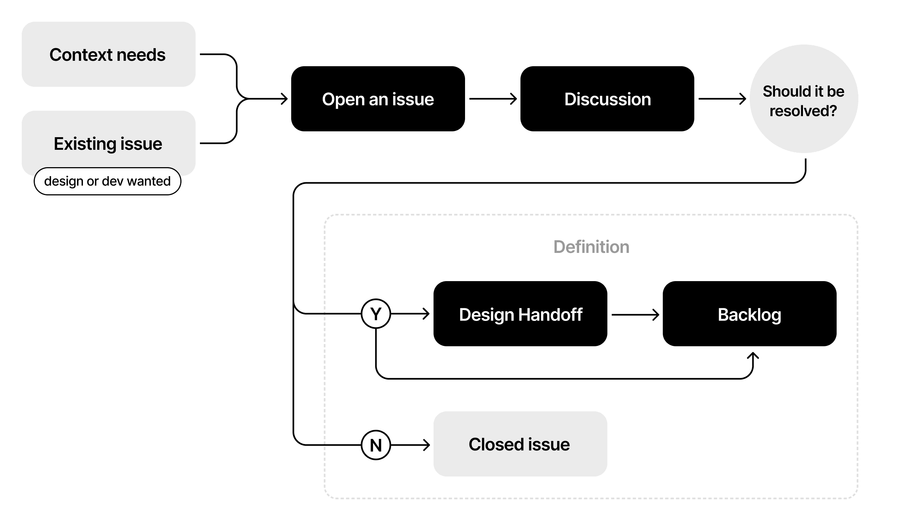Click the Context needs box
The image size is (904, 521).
pyautogui.click(x=108, y=54)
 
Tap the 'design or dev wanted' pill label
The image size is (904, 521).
pyautogui.click(x=107, y=181)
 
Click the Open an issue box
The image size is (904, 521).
pyautogui.click(x=378, y=99)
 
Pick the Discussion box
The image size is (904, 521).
pyautogui.click(x=607, y=99)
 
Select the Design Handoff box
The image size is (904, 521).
pyautogui.click(x=520, y=314)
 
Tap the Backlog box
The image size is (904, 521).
pyautogui.click(x=749, y=314)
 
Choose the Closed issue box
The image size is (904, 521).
pyautogui.click(x=520, y=444)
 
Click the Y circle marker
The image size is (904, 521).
pyautogui.click(x=376, y=314)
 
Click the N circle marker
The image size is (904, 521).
pyautogui.click(x=376, y=445)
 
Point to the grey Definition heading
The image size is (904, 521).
pyautogui.click(x=591, y=247)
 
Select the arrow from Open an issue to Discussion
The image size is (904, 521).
pyautogui.click(x=493, y=99)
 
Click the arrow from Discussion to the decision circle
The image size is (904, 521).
pyautogui.click(x=722, y=99)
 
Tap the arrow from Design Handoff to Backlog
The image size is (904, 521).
pyautogui.click(x=635, y=314)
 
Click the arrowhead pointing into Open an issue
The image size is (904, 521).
pyautogui.click(x=284, y=99)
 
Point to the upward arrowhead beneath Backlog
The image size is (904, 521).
pyautogui.click(x=753, y=356)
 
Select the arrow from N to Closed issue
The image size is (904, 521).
pyautogui.click(x=410, y=445)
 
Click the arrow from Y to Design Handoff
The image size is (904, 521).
pyautogui.click(x=410, y=314)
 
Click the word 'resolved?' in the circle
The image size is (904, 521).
pyautogui.click(x=803, y=111)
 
